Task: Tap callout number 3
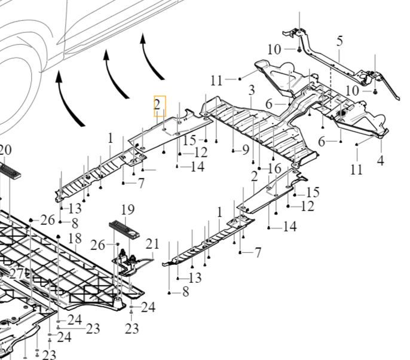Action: point(252,90)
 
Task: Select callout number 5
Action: point(339,41)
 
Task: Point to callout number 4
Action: point(380,160)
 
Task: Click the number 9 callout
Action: point(245,150)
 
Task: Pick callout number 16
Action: point(274,169)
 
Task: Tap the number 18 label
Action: point(74,239)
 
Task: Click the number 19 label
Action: point(128,209)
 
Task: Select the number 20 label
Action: point(6,150)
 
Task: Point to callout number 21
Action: point(152,243)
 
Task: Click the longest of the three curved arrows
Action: point(71,99)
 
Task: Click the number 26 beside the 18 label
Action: point(48,220)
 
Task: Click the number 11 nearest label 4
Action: point(356,170)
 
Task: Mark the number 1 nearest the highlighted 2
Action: point(111,138)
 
